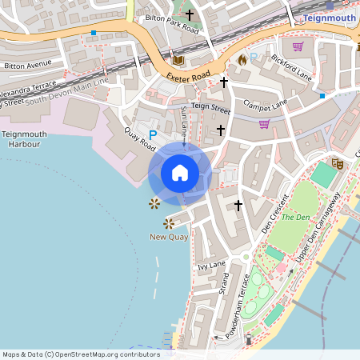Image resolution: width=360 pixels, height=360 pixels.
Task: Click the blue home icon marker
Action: (180, 173)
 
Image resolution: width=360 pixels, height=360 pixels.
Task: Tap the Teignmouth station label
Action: (330, 17)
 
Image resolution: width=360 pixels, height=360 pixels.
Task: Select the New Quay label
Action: (169, 238)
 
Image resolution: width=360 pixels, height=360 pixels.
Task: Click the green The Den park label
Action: (295, 217)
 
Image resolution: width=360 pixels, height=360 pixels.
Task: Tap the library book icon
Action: (178, 60)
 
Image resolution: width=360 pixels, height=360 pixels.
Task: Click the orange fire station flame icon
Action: (242, 59)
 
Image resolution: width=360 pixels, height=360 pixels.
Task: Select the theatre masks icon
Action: (338, 163)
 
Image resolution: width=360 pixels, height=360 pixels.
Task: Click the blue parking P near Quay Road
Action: (153, 137)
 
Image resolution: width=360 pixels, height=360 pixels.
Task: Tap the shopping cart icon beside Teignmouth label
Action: (298, 46)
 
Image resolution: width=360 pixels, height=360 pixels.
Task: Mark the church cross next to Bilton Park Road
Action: (190, 14)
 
